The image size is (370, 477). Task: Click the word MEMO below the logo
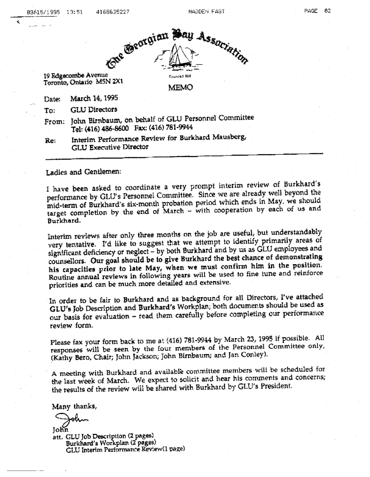[179, 88]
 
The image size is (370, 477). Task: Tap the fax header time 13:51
[74, 12]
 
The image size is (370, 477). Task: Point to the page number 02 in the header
[328, 12]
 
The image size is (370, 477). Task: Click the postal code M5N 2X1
[109, 82]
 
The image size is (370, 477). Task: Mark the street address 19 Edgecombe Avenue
[75, 75]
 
